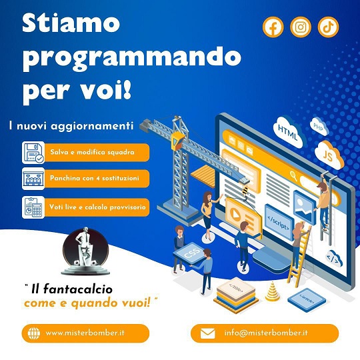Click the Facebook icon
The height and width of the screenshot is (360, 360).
click(273, 27)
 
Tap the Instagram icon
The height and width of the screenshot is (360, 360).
click(301, 27)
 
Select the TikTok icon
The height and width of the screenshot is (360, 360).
click(328, 27)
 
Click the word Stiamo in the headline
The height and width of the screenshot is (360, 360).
click(71, 23)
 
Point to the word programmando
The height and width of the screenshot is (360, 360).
click(132, 59)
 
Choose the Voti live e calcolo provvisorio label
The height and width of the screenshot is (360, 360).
click(97, 207)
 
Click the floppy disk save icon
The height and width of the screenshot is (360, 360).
click(33, 153)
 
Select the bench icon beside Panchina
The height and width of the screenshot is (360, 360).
click(33, 179)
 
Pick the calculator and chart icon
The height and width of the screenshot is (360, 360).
click(33, 207)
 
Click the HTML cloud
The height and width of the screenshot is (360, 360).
click(289, 133)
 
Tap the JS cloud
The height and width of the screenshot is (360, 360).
click(329, 155)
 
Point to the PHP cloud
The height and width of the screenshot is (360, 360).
click(319, 127)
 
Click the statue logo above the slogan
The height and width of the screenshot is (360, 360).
click(85, 251)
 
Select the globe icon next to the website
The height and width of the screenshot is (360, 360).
click(34, 333)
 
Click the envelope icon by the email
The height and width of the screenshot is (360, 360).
click(208, 333)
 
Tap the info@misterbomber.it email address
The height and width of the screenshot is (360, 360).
click(266, 333)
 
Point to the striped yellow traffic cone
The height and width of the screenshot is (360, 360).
click(273, 291)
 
